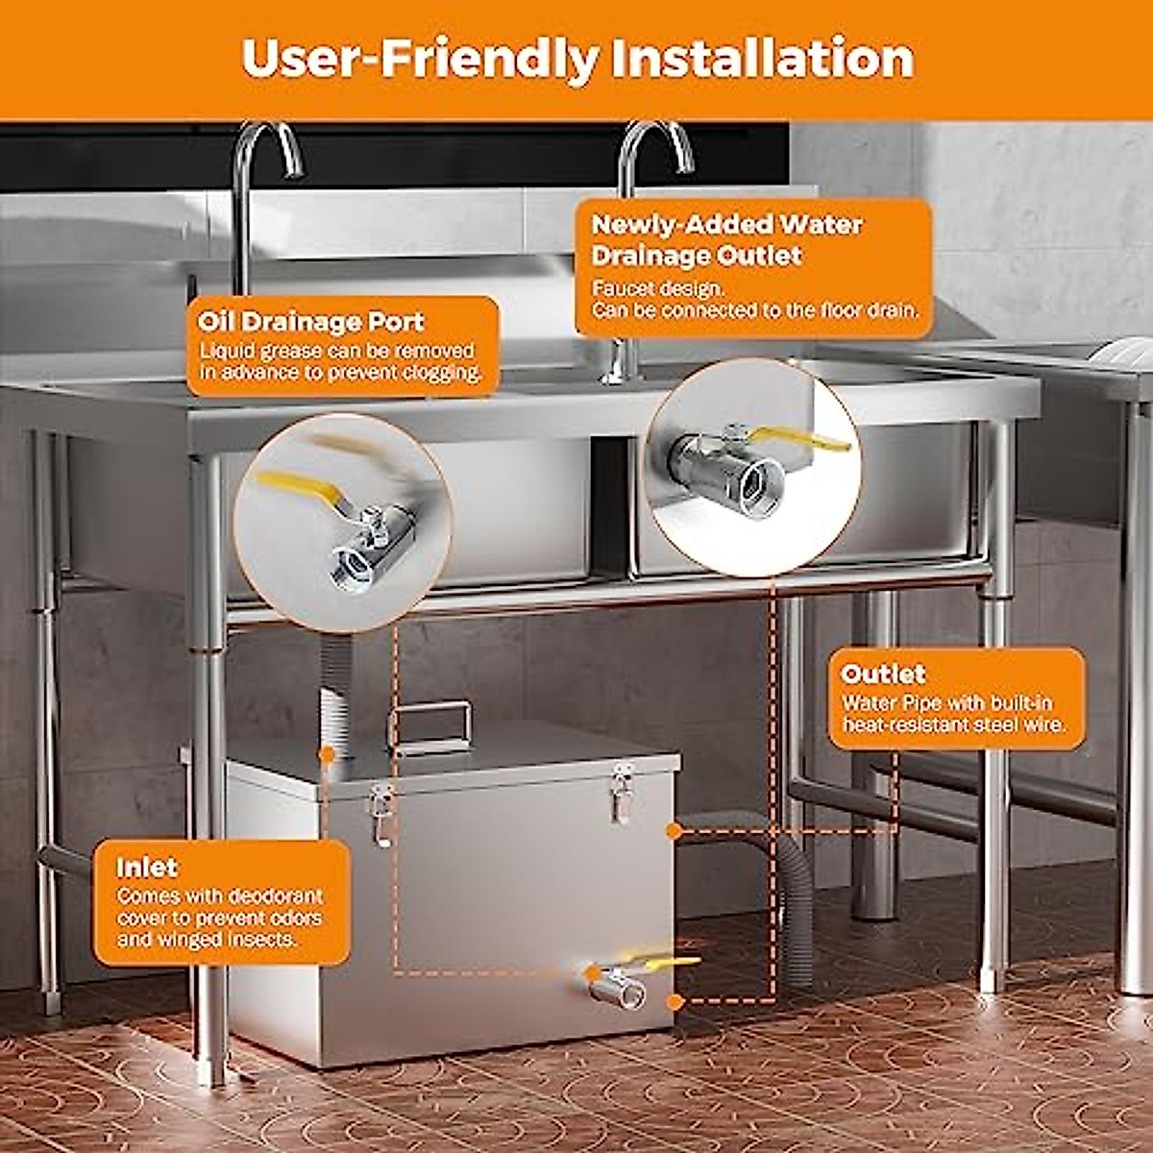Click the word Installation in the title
pos(762,60)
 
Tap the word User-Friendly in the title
pos(420,60)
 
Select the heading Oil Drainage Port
pos(311,322)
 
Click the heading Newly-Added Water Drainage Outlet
pos(727,240)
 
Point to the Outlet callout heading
pos(883,674)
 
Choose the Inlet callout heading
pos(147,868)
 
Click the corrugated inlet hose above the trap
pos(333,692)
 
